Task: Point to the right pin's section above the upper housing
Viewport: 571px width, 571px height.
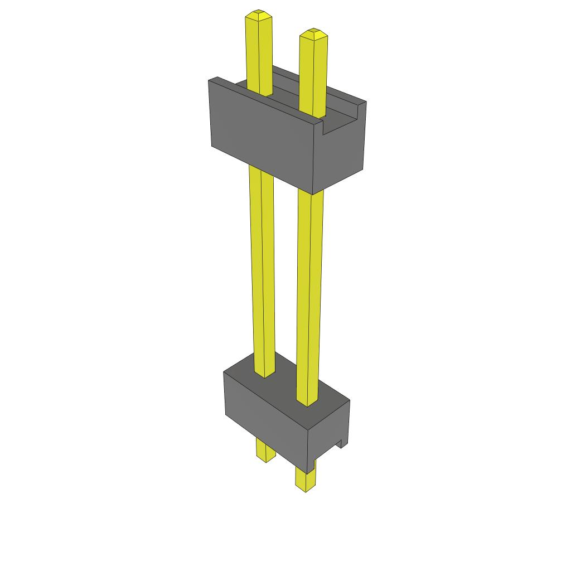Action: point(313,72)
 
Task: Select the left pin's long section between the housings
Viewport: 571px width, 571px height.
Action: point(262,268)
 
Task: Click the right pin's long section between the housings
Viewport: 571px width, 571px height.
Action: point(310,290)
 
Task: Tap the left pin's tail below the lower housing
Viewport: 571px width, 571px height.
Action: point(265,449)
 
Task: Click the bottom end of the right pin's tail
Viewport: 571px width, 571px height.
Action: point(304,490)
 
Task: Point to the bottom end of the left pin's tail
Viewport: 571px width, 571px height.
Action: point(265,460)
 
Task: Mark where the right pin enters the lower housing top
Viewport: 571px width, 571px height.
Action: point(306,400)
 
